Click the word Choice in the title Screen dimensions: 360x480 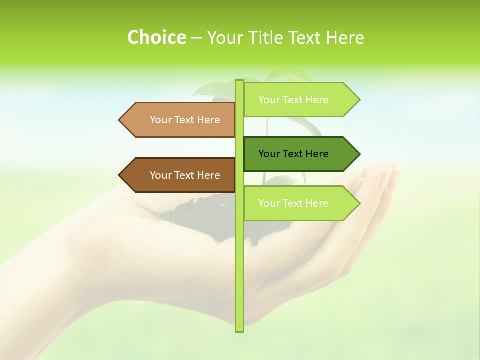[x=156, y=38]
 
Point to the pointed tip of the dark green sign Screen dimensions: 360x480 [x=359, y=154]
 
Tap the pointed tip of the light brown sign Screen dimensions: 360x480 [x=120, y=120]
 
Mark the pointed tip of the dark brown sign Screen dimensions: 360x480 [x=120, y=175]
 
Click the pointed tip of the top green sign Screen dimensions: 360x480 [x=359, y=100]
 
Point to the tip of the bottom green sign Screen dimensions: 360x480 [x=359, y=203]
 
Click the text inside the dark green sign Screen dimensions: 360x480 [x=293, y=154]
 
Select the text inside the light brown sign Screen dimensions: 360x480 [x=185, y=120]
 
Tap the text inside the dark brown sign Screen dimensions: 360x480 [x=185, y=175]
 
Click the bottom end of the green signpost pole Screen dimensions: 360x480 [x=239, y=330]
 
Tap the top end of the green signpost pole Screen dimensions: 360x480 [x=239, y=82]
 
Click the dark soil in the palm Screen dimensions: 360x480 [x=200, y=215]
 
